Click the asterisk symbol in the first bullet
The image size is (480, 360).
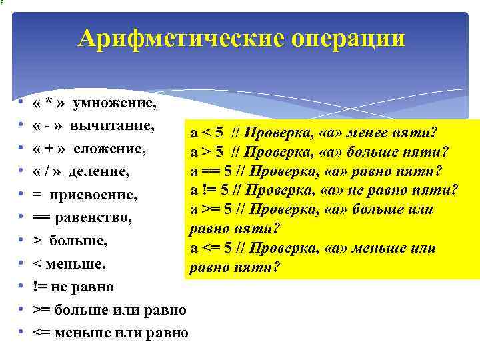click(x=49, y=104)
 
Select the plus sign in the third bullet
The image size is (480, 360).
click(x=49, y=148)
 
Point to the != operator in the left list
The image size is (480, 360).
click(x=39, y=287)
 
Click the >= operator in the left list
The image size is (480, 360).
click(x=41, y=310)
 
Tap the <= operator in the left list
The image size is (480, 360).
click(x=41, y=332)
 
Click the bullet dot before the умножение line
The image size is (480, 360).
click(x=21, y=104)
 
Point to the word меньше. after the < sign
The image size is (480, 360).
click(x=77, y=264)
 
